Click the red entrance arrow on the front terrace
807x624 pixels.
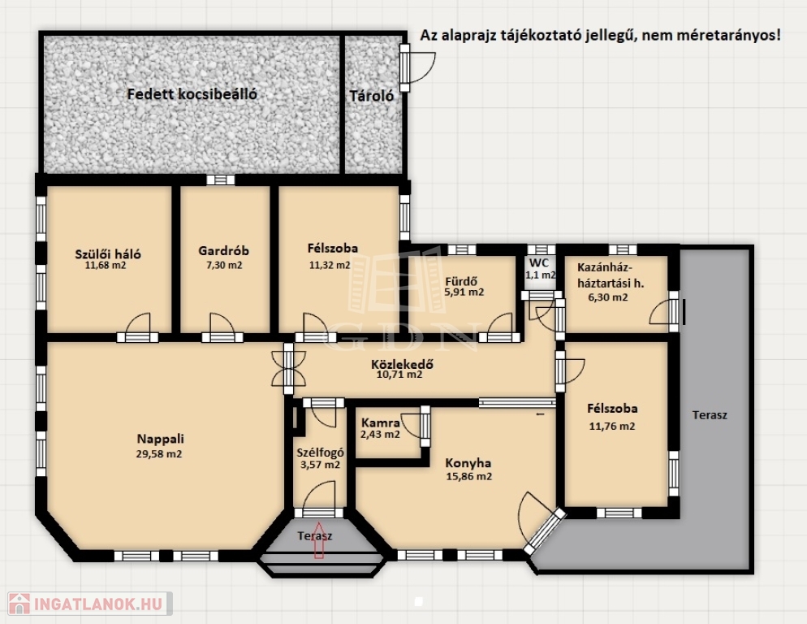(318, 540)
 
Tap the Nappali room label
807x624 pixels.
(160, 439)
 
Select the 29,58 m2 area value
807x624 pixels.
(159, 454)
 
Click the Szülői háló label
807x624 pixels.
(107, 254)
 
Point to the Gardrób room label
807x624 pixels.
(223, 251)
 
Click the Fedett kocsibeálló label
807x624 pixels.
(192, 93)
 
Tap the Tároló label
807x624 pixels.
(372, 96)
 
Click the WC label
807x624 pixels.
(539, 263)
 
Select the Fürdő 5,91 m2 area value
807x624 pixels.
(464, 292)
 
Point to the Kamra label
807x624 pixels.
(380, 423)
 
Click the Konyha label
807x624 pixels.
(468, 462)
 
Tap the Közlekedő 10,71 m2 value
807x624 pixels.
(399, 375)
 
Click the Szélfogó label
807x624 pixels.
(320, 453)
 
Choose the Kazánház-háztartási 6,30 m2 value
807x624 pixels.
(608, 297)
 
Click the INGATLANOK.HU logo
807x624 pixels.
(90, 604)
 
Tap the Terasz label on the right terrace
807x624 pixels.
(710, 415)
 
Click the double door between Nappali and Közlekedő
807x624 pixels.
(288, 368)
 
